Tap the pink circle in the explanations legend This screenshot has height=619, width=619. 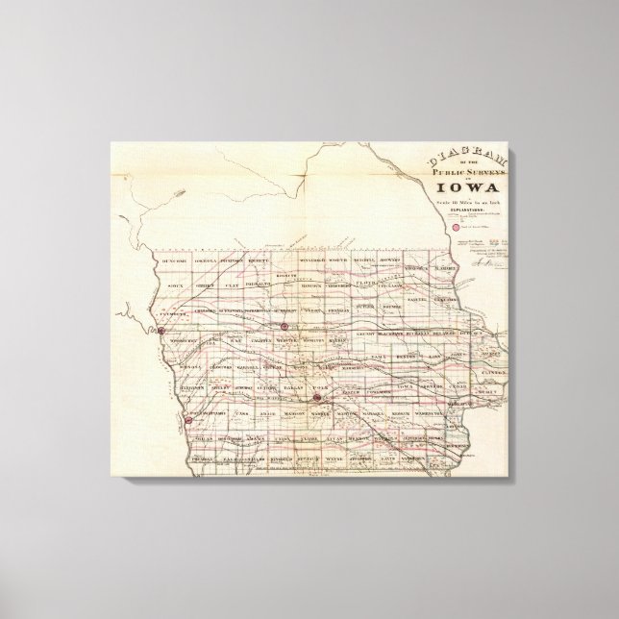click(x=417, y=227)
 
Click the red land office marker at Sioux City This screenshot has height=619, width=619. click(x=161, y=330)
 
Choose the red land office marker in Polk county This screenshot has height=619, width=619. click(x=316, y=396)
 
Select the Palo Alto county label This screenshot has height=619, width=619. click(x=257, y=285)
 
